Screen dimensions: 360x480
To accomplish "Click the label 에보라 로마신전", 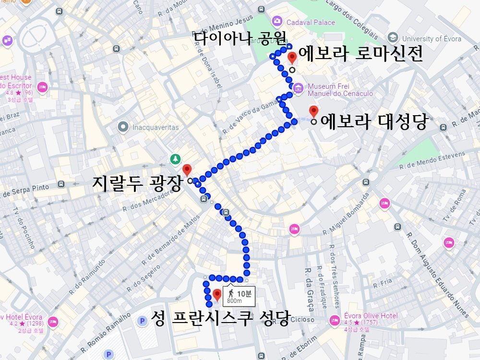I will (x=360, y=55).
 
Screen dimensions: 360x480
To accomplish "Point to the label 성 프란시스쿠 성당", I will (x=220, y=318).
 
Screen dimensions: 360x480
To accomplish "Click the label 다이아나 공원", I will (x=240, y=37).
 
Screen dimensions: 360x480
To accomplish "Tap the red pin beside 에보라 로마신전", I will (x=291, y=59).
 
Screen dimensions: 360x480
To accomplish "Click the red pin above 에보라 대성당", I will (x=313, y=111).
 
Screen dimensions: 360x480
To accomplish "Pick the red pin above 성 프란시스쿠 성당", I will (x=217, y=294).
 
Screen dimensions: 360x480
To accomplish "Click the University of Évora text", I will (x=432, y=39).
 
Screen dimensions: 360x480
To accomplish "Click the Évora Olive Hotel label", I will (x=371, y=316).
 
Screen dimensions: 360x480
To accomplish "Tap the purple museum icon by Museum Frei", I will (x=298, y=88).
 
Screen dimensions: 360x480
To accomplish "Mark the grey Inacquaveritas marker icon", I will (x=123, y=127).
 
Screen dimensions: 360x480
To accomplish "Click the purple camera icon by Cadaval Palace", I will (x=276, y=21).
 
